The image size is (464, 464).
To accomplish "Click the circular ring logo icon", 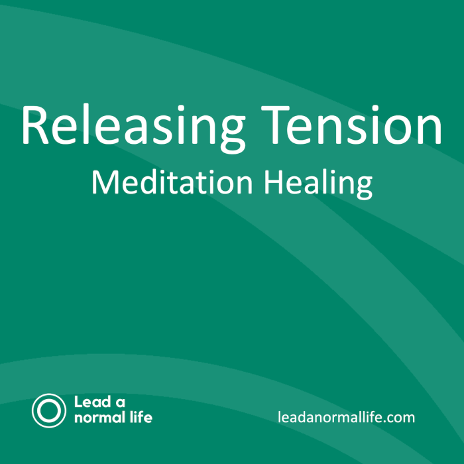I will (x=49, y=410).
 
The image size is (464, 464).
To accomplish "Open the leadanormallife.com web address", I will (x=347, y=418).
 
